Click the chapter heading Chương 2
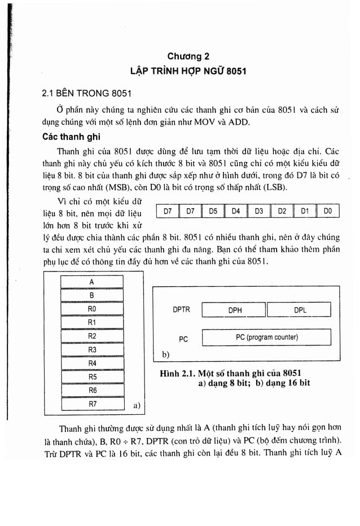(x=188, y=56)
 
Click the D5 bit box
(x=213, y=212)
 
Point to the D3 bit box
(x=259, y=212)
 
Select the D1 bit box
(x=305, y=212)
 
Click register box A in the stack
(x=92, y=282)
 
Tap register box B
(x=92, y=295)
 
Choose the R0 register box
(x=92, y=309)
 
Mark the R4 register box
(x=92, y=363)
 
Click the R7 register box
(x=92, y=404)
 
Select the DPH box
(x=235, y=310)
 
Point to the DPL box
(x=300, y=310)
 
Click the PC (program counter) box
(x=266, y=337)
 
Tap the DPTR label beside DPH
(x=182, y=310)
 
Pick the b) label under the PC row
(x=166, y=355)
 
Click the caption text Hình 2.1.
(x=177, y=373)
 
